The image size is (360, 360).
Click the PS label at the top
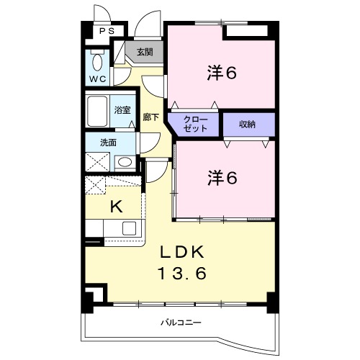point(107,31)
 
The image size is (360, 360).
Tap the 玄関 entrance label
point(145,52)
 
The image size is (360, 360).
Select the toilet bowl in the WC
point(97,62)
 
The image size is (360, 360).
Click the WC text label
point(98,79)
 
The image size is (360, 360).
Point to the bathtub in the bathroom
point(97,111)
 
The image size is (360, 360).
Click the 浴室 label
point(122,110)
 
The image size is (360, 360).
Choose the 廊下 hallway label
point(150,117)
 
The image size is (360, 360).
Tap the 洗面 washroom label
point(108,143)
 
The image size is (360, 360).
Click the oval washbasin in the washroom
point(125,162)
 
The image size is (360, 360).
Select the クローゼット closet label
point(195,125)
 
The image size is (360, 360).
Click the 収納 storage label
point(247,125)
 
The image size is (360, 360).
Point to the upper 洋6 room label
point(222,73)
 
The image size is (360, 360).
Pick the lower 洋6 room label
point(222,178)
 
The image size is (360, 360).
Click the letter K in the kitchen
point(117,207)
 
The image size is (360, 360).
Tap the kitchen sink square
point(129,228)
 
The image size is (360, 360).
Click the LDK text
point(182,252)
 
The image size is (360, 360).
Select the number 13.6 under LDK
point(182,274)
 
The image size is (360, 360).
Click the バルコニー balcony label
point(181,323)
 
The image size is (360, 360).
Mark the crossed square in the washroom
point(98,162)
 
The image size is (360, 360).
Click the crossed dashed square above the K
point(95,185)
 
